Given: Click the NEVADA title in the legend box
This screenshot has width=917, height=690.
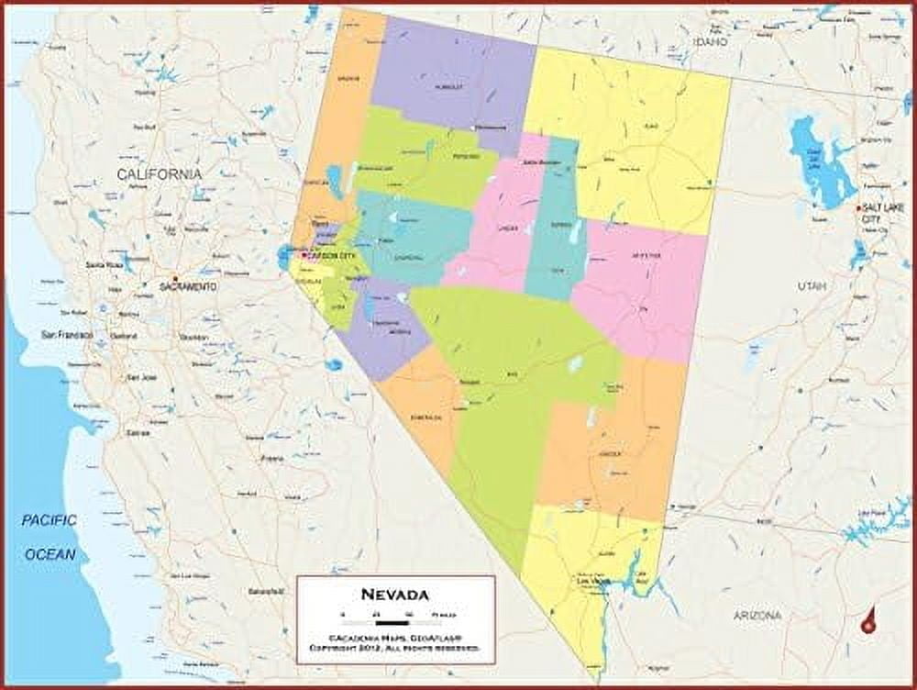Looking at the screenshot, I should [394, 594].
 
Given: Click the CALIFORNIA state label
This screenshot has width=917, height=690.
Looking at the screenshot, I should [159, 173].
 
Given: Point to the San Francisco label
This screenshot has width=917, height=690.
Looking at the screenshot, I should [67, 335].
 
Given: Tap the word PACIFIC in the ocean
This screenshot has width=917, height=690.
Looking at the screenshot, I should [50, 521].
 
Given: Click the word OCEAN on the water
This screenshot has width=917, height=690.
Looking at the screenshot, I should [50, 554].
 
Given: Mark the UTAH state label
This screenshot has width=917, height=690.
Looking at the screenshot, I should [812, 287].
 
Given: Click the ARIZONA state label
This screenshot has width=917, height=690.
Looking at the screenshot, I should [757, 615].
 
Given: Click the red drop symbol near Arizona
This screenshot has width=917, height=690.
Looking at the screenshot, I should [867, 623].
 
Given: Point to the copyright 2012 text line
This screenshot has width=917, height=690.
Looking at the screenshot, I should [394, 648].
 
